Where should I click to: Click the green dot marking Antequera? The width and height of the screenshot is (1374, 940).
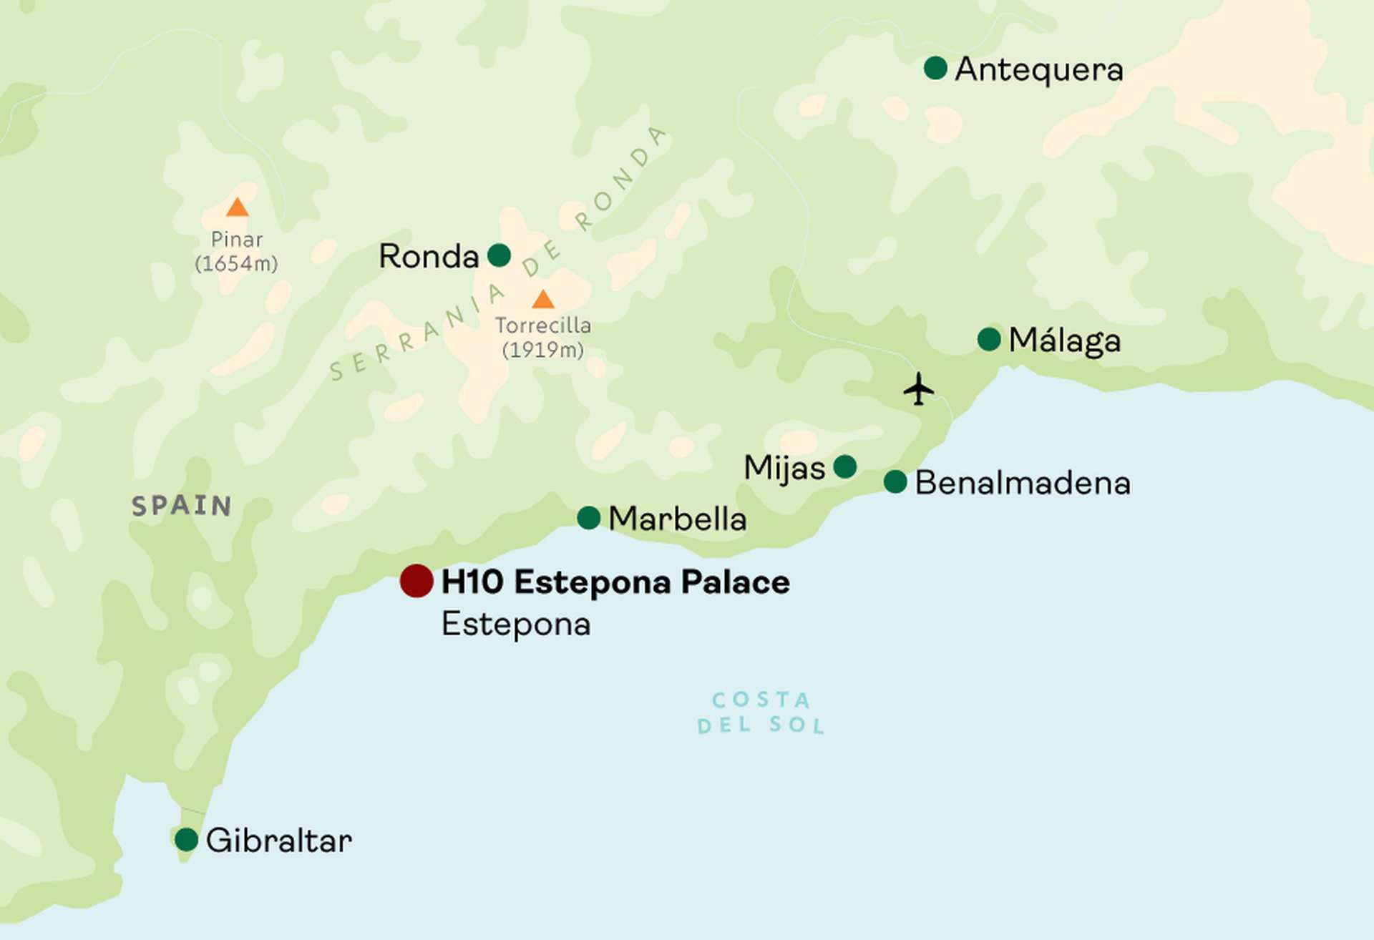(x=935, y=68)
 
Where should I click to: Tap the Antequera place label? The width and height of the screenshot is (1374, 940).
(x=1039, y=69)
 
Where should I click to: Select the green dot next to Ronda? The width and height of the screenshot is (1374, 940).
(x=499, y=255)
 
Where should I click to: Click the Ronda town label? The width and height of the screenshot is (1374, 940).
(x=428, y=256)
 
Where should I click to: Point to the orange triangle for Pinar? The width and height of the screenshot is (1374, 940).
(x=237, y=208)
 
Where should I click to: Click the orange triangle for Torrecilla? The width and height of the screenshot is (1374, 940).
(x=543, y=300)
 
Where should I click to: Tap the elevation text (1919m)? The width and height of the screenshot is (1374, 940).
(x=543, y=350)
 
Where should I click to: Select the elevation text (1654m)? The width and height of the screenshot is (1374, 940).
(x=236, y=263)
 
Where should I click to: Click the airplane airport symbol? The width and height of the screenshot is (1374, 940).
(x=918, y=389)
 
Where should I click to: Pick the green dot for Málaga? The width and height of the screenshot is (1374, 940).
(x=989, y=339)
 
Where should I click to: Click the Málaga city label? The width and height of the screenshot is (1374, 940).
(x=1064, y=341)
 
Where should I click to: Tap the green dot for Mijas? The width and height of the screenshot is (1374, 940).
(x=845, y=466)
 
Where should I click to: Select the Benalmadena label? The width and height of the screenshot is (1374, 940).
(x=1023, y=483)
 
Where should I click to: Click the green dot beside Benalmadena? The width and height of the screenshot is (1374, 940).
(x=895, y=481)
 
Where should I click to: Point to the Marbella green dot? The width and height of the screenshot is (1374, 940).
(x=588, y=517)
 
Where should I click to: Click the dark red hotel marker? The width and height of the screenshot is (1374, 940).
(x=416, y=580)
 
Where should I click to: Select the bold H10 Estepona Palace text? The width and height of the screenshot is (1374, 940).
(x=615, y=582)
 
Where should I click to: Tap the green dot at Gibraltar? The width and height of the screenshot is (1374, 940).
(x=186, y=839)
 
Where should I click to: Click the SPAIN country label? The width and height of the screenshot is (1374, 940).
(x=182, y=506)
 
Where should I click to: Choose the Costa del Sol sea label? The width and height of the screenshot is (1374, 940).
(x=761, y=713)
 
